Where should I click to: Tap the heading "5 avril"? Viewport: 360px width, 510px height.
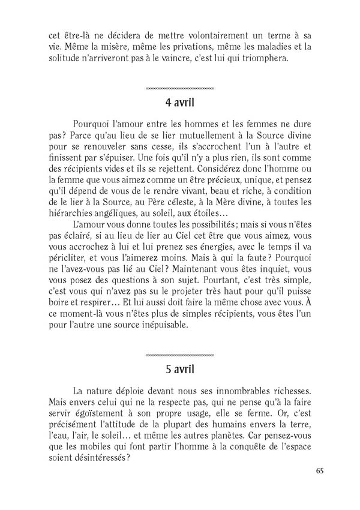point(180,367)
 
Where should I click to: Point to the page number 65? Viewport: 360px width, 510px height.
point(319,470)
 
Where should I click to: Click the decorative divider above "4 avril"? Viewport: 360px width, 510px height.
point(180,88)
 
